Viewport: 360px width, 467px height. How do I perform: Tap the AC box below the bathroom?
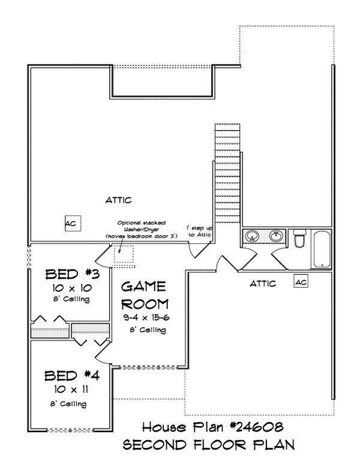click(301, 281)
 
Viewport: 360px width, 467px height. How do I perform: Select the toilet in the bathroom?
click(299, 240)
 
